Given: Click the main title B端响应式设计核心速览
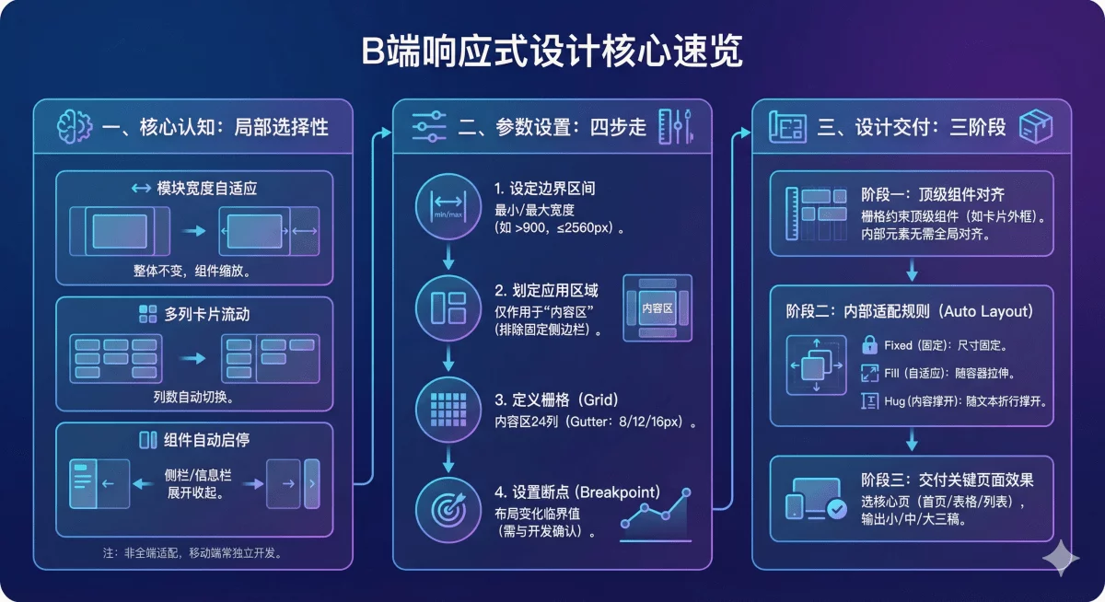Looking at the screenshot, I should coord(552,52).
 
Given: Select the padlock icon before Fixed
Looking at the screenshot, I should coord(869,346).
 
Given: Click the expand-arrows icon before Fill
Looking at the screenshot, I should coord(869,373).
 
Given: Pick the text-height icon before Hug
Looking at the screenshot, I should coord(869,400).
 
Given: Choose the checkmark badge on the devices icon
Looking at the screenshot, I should coord(837,508).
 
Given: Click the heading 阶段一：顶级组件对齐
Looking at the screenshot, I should coord(932,194).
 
